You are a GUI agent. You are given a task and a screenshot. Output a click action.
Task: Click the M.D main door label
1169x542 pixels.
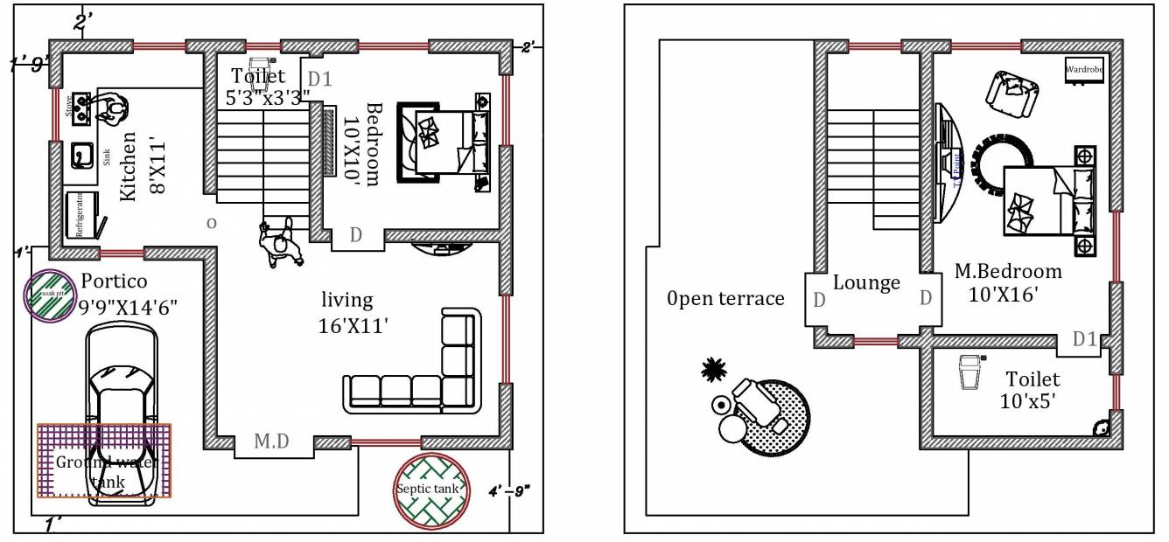(x=272, y=443)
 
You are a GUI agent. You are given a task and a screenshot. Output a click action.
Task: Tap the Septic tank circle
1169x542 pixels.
(x=428, y=490)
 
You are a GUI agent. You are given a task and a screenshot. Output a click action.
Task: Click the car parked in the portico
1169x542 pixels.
(x=121, y=412)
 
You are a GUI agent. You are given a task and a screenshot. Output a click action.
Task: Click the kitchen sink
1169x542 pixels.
(x=84, y=156)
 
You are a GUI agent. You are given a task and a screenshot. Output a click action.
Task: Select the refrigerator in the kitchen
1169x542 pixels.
(x=82, y=213)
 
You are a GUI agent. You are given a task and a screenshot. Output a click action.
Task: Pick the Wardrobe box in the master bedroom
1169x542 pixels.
(x=1083, y=69)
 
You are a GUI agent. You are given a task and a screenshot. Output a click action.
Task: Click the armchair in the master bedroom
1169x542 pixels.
(x=1012, y=93)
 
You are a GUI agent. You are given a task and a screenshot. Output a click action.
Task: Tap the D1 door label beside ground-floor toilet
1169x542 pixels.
(x=320, y=80)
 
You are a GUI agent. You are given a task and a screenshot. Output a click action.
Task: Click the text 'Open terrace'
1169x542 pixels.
(x=725, y=299)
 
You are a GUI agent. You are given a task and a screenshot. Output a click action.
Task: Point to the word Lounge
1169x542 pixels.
(x=866, y=282)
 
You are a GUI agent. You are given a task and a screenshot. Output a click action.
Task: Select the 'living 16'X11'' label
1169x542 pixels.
(x=353, y=313)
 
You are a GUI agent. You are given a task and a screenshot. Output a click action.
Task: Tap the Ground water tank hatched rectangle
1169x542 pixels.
(x=104, y=461)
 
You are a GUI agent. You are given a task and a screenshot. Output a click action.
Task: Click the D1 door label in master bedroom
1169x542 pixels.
(x=1085, y=338)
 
